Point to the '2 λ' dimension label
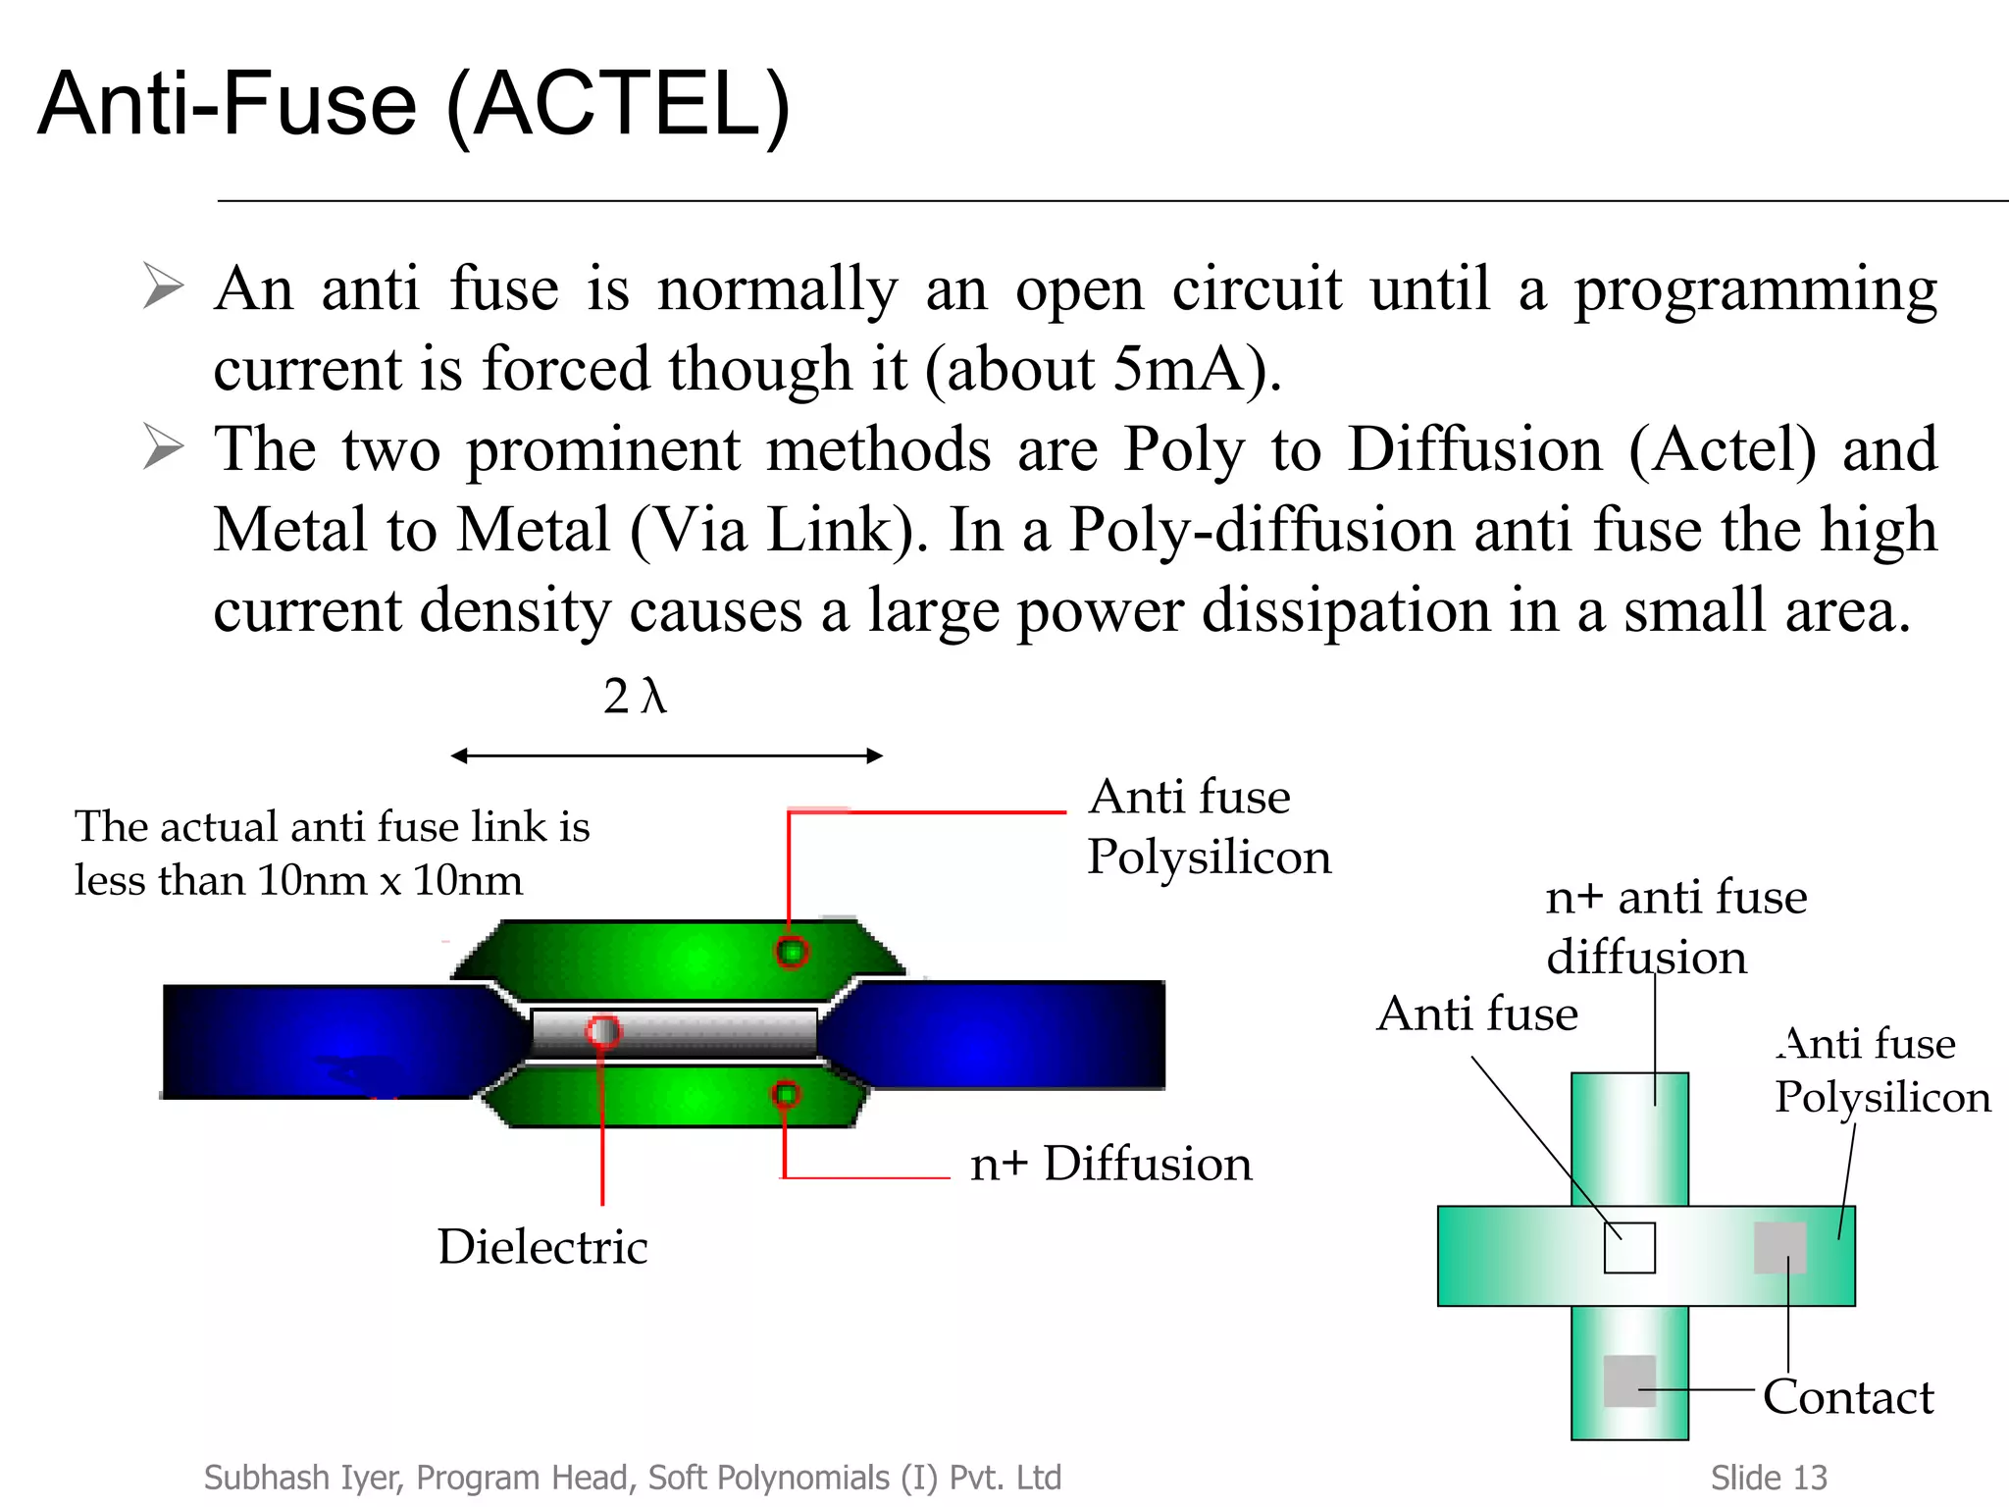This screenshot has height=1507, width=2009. click(x=635, y=696)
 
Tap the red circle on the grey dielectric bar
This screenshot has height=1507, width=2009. click(x=603, y=1031)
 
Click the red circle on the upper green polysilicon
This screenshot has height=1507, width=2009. click(x=792, y=952)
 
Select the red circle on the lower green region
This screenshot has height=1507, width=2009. click(x=786, y=1094)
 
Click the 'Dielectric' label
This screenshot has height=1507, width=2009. click(x=542, y=1247)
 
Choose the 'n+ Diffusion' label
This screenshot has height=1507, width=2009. click(x=1110, y=1164)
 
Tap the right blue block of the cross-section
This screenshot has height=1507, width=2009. click(x=1010, y=1034)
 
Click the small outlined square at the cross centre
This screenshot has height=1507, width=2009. click(x=1629, y=1248)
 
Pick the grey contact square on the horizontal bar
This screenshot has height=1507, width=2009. click(x=1779, y=1248)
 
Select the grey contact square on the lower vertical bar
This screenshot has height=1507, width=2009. click(x=1629, y=1380)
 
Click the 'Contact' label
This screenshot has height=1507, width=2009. click(x=1848, y=1397)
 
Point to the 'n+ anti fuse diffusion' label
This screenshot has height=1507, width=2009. click(x=1675, y=926)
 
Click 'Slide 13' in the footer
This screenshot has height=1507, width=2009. click(x=1769, y=1478)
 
